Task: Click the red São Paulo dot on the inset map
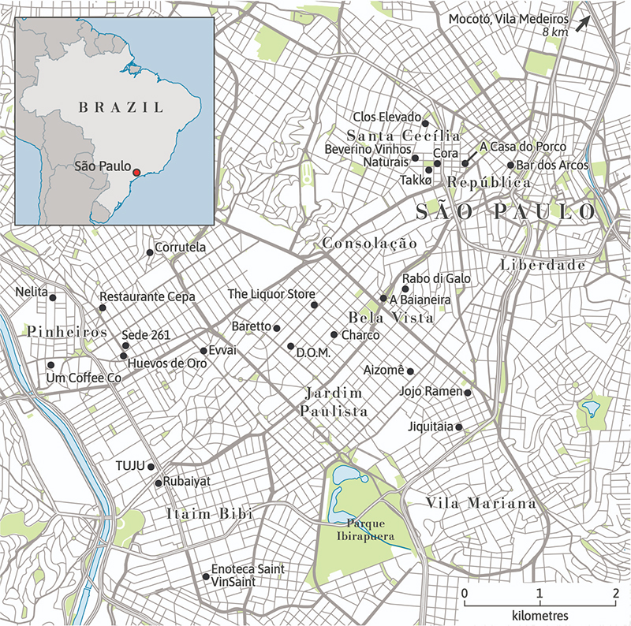(x=136, y=172)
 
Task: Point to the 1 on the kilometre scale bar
(x=539, y=592)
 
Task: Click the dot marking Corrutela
(x=150, y=252)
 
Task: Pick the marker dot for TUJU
(x=151, y=467)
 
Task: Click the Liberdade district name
(x=543, y=266)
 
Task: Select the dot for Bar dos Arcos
(x=510, y=166)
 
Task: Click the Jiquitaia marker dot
(x=460, y=427)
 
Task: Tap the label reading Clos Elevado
(x=386, y=117)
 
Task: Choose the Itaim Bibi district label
(x=209, y=513)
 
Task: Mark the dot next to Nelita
(x=53, y=297)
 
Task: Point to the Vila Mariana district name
(x=480, y=503)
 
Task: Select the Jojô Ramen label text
(x=430, y=391)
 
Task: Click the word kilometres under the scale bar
(x=539, y=613)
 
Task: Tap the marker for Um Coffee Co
(x=51, y=365)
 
